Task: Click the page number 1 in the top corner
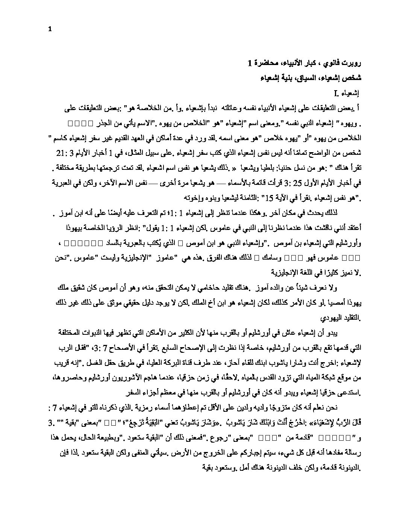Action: pos(50,31)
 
